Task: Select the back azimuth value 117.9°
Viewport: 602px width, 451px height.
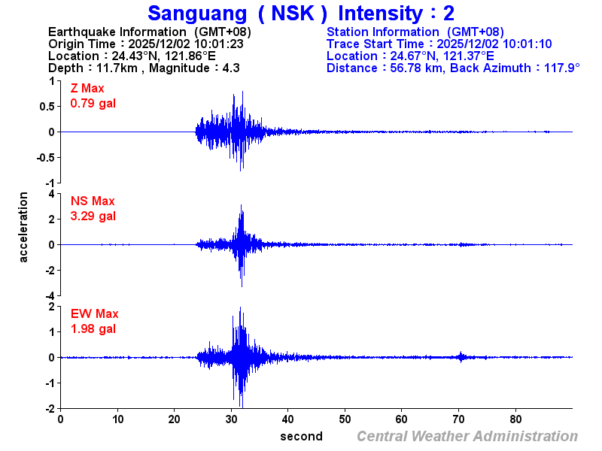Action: pos(557,68)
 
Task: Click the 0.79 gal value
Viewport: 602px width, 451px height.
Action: pos(93,104)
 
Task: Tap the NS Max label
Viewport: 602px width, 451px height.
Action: pos(93,201)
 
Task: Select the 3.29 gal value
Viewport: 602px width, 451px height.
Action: pos(93,216)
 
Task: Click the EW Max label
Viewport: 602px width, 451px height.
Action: pos(94,314)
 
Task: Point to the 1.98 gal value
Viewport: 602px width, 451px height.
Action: pos(93,328)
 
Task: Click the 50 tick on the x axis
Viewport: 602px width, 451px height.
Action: pos(345,419)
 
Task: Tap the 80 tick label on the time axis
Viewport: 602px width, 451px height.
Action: pos(515,419)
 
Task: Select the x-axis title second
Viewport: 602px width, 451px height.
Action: pos(301,436)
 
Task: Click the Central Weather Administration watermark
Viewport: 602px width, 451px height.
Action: pos(467,436)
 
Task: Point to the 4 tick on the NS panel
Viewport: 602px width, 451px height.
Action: pos(50,194)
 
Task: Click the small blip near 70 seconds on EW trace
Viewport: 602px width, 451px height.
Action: pos(461,357)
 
